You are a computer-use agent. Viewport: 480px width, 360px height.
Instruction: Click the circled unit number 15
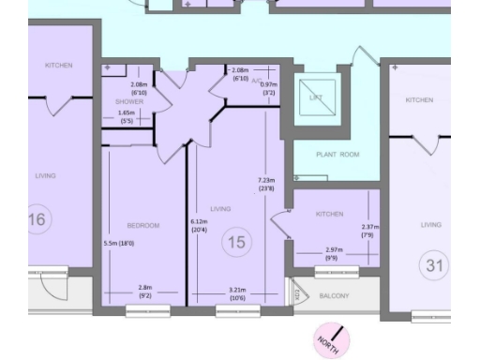238,243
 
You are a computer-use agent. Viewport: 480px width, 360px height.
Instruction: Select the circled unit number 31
433,265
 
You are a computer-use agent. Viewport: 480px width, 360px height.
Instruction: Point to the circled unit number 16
40,219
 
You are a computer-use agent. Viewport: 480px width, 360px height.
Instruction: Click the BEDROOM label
144,225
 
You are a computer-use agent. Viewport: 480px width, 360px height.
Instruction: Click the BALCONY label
334,296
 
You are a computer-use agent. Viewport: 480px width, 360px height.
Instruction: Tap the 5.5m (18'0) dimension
118,244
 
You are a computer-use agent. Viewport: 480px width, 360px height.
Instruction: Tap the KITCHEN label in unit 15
330,215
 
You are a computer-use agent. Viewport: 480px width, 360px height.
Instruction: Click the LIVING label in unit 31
430,225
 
